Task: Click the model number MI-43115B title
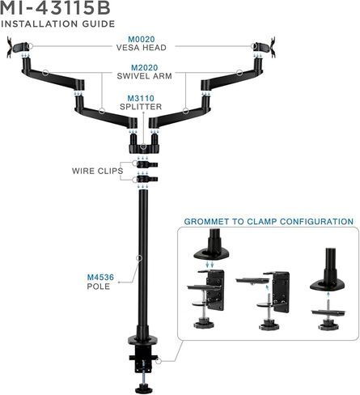55,7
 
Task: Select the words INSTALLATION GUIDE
57,23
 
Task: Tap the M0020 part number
142,40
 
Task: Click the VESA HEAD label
142,48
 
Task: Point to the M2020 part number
144,67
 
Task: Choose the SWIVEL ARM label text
144,76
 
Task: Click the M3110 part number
141,98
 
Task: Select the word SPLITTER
141,107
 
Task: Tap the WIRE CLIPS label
97,171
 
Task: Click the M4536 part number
100,277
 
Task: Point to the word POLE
99,287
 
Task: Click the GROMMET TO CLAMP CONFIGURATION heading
269,222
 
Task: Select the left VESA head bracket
17,47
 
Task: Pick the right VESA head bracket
265,47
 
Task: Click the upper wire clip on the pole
147,164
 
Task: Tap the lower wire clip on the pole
147,179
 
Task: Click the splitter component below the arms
144,143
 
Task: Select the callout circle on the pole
139,258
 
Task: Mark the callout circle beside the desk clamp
159,360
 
